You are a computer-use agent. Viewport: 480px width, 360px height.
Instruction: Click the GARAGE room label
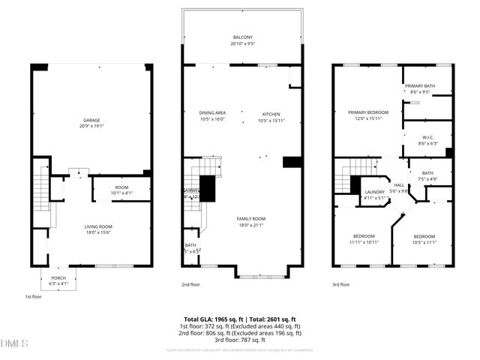click(91, 120)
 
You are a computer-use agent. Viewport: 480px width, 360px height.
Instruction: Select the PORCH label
click(58, 277)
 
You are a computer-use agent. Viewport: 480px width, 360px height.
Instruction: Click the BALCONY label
click(242, 37)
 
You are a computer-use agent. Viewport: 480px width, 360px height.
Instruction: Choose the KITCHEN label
click(270, 113)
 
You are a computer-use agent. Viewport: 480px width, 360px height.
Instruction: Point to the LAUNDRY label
click(374, 192)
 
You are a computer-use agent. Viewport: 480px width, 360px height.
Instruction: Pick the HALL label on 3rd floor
click(399, 184)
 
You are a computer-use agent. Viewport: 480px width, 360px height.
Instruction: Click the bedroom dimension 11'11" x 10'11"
click(364, 242)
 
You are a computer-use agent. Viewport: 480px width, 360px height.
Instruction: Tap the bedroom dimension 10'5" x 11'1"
click(424, 242)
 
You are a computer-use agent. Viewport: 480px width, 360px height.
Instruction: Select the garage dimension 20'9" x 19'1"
click(91, 126)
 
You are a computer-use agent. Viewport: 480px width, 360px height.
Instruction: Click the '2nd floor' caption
click(191, 284)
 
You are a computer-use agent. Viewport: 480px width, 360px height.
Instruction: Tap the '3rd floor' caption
click(341, 284)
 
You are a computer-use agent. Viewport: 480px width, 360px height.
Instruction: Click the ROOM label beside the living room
click(121, 187)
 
